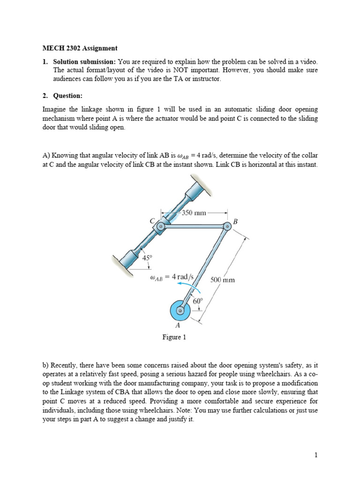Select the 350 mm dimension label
(x=194, y=213)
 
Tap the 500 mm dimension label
(x=222, y=280)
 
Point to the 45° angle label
(x=147, y=257)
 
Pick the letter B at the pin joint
(x=235, y=221)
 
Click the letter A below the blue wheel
(x=178, y=325)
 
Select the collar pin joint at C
(x=160, y=227)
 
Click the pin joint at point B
(x=227, y=227)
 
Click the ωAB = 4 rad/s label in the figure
(x=171, y=277)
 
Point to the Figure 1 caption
(x=174, y=337)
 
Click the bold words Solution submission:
(x=84, y=61)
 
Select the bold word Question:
(x=67, y=96)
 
